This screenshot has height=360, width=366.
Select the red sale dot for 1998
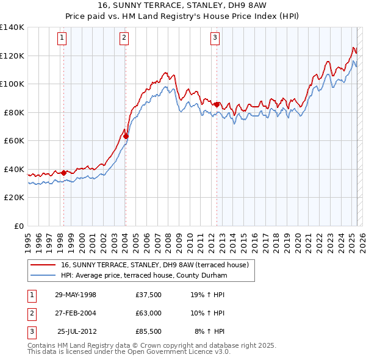point(63,173)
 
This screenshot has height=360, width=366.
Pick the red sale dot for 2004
point(126,136)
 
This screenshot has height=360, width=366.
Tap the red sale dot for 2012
point(217,104)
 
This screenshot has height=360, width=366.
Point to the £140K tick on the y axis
point(12,27)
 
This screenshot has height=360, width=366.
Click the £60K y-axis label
point(14,140)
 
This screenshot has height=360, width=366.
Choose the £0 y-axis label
point(18,226)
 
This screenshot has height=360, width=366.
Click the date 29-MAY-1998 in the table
point(76,295)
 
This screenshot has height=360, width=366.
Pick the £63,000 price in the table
point(149,313)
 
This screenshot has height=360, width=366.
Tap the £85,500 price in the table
point(149,331)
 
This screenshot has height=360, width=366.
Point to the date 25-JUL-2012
point(77,331)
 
